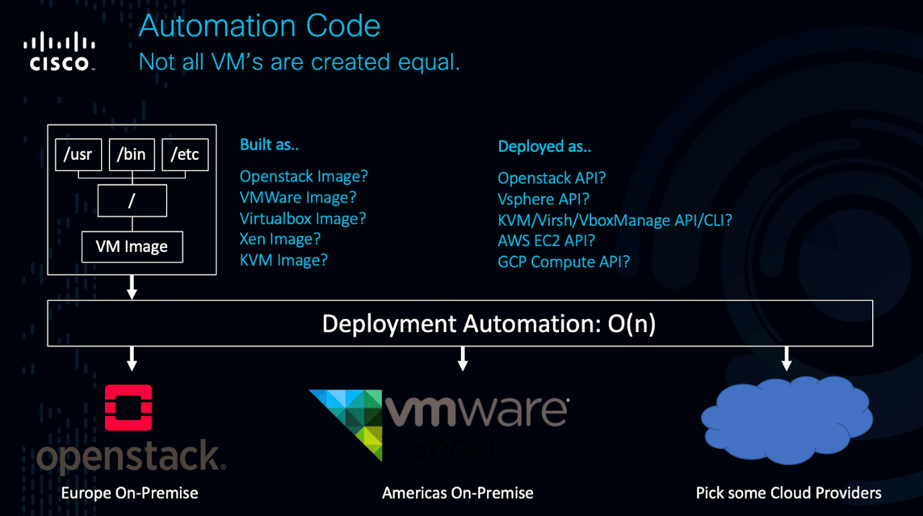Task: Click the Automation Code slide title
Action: coord(260,26)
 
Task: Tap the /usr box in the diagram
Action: coord(78,154)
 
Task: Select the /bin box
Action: coord(132,154)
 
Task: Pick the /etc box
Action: coord(185,154)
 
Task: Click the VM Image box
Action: coord(132,247)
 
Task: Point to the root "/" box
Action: coord(132,201)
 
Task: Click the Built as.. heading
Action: coord(269,145)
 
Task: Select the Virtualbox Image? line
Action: coord(303,219)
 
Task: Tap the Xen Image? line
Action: coord(280,239)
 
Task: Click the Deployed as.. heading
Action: coord(544,146)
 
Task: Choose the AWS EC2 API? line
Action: coord(546,241)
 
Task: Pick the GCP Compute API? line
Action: coord(564,261)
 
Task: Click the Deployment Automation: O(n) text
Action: coord(489,324)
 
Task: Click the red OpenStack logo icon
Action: coord(128,407)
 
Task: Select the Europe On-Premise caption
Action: coord(130,493)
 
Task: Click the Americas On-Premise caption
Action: coord(457,493)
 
